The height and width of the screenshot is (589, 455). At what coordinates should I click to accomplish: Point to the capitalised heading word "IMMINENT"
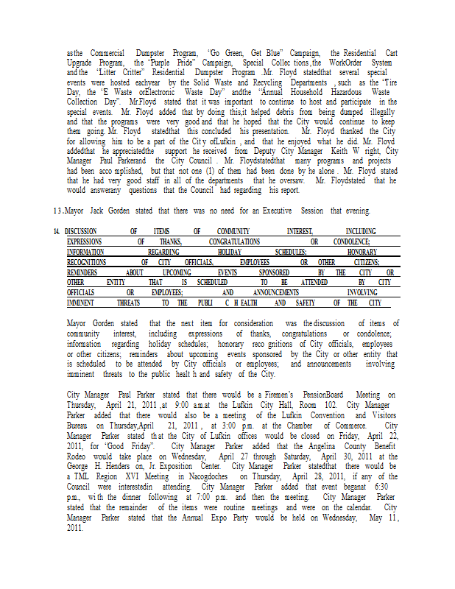82,303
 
